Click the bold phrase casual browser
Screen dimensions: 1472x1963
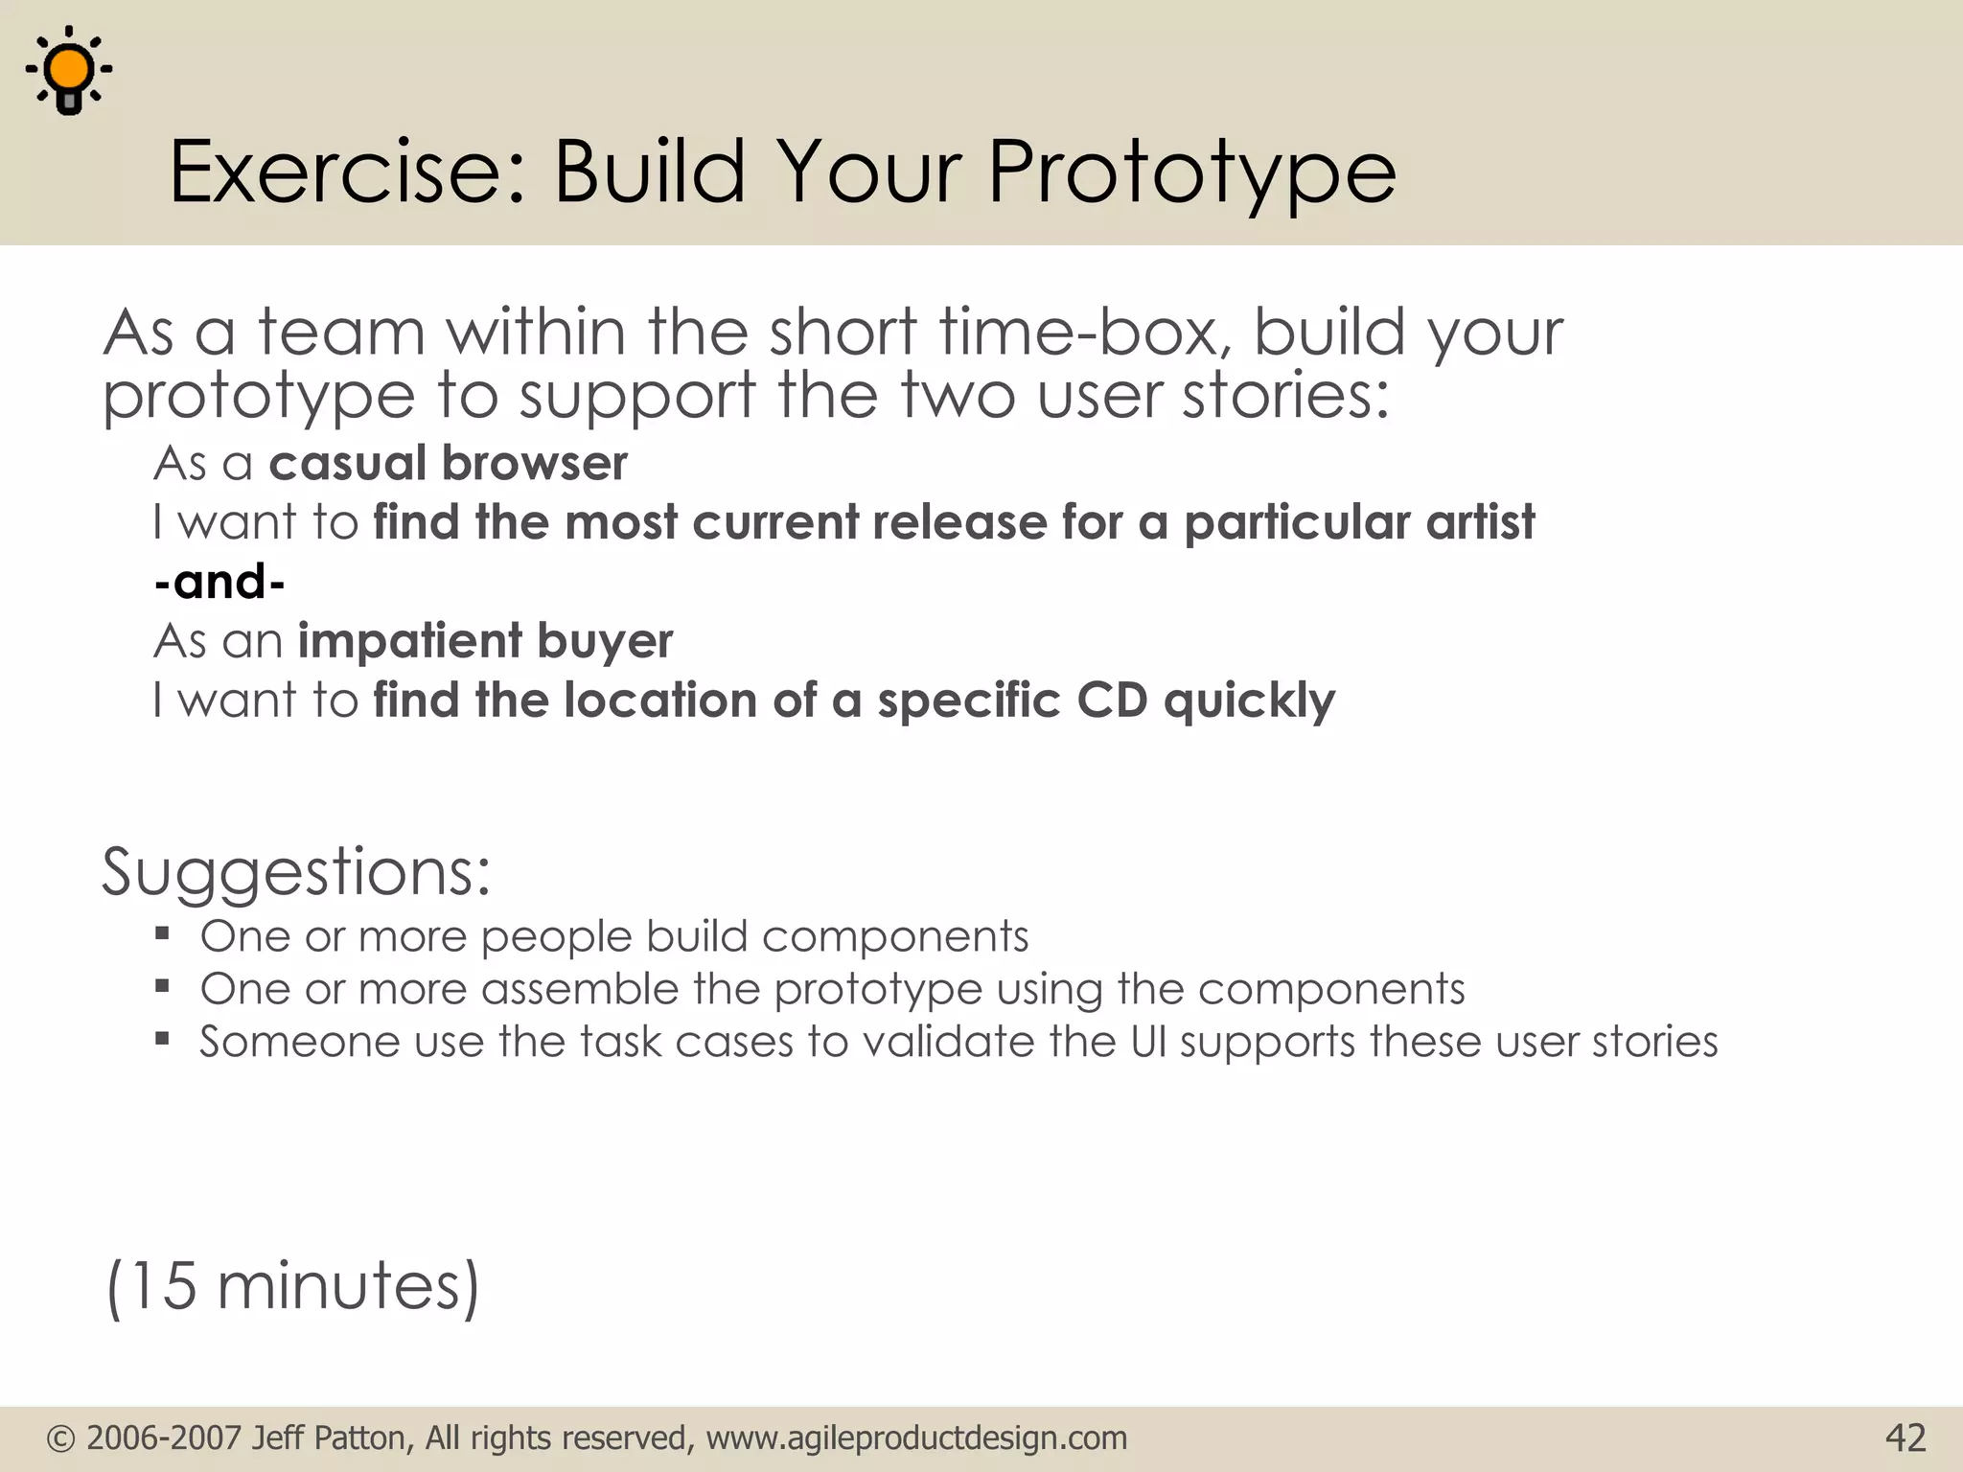(448, 464)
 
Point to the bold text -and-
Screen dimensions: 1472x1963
(219, 582)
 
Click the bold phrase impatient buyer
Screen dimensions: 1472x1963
(485, 640)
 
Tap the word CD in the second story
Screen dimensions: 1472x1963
(1112, 701)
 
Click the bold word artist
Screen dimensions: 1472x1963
(1480, 523)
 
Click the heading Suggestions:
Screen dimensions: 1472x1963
(296, 872)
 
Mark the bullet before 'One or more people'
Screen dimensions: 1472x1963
(162, 933)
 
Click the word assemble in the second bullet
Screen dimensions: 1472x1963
(580, 989)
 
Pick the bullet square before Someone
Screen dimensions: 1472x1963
(162, 1039)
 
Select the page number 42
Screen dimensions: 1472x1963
(1905, 1437)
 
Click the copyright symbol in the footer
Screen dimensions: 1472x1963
(60, 1438)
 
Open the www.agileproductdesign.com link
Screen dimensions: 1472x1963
(916, 1438)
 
